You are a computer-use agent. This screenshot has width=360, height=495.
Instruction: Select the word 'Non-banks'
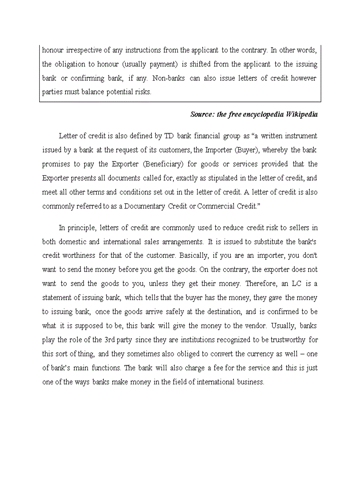tap(169, 78)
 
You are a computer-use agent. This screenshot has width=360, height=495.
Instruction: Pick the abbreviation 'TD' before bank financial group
tap(169, 136)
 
